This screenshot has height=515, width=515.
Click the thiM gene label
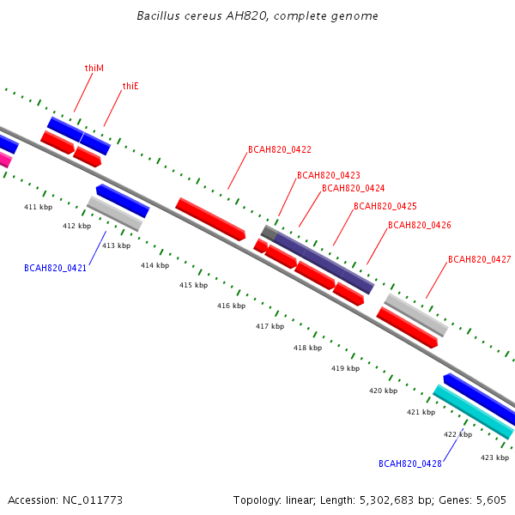pos(94,68)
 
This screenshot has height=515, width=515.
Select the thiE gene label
pos(130,86)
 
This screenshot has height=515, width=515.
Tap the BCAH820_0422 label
pos(280,149)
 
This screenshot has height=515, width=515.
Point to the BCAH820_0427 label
pos(480,259)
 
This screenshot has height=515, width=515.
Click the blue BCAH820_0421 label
pos(55,268)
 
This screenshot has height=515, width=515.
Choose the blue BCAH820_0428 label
pos(410,463)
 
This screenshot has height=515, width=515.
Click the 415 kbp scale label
pos(193,285)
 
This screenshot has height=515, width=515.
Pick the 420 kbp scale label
pos(384,391)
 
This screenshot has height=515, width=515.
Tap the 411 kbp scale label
pos(38,207)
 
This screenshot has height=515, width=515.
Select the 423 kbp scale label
pos(494,457)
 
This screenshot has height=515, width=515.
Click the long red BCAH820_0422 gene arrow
pos(210,219)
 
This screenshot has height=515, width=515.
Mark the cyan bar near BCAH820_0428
pos(473,412)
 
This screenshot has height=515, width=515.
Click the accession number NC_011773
pos(93,500)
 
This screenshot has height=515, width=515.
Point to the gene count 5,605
pos(491,500)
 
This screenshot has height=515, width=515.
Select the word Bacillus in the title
pos(158,15)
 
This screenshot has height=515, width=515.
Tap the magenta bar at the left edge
pos(5,160)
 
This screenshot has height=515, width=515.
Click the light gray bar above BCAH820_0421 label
pos(115,214)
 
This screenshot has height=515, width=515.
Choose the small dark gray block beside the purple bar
pos(269,233)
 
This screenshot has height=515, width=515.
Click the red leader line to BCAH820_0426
pos(377,246)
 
